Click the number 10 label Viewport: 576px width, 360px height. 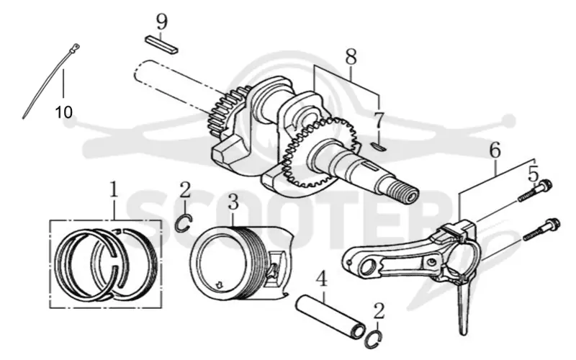pyautogui.click(x=63, y=112)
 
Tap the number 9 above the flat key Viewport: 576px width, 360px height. pyautogui.click(x=161, y=22)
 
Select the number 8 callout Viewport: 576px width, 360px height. pyautogui.click(x=351, y=57)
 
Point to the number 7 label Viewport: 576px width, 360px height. pyautogui.click(x=379, y=120)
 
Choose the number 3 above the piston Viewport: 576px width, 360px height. pyautogui.click(x=233, y=202)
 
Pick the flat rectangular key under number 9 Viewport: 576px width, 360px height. pyautogui.click(x=161, y=44)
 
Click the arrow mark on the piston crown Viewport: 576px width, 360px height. pyautogui.click(x=220, y=284)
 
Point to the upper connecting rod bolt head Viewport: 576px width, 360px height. pyautogui.click(x=546, y=184)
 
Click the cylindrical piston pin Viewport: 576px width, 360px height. pyautogui.click(x=331, y=315)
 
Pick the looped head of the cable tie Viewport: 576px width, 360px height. pyautogui.click(x=76, y=47)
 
